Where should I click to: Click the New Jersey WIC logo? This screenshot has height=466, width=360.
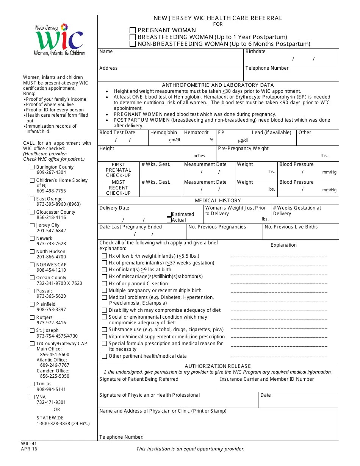pos(59,39)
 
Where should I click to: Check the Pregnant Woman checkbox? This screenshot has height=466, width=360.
pos(133,30)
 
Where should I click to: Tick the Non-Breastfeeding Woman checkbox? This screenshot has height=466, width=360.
pos(133,44)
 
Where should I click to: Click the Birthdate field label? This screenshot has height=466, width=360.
pos(255,52)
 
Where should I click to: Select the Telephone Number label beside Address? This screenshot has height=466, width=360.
pos(267,68)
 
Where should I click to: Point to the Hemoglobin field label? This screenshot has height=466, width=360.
pos(163,133)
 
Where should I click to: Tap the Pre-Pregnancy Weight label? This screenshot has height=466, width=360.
pos(243,149)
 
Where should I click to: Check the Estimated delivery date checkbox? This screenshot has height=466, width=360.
pos(169,214)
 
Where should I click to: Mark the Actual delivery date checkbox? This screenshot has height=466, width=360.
pos(169,220)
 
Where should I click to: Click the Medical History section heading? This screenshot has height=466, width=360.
pos(218,200)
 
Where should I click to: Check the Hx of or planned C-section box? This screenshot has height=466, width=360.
pos(104,283)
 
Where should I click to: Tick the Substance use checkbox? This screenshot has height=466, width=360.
pos(104,330)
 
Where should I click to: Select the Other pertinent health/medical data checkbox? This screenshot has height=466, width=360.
pos(104,356)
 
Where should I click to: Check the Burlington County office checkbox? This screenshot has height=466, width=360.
pos(32,167)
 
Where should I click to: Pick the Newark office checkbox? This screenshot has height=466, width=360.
pos(32,238)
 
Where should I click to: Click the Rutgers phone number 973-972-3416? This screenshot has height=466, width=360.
pos(51,323)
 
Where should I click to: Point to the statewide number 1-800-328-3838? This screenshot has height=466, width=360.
pos(63,424)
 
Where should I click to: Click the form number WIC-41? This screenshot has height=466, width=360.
pos(29,443)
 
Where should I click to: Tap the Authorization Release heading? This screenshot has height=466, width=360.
pos(218,366)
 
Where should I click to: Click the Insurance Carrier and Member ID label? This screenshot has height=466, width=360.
pos(267,379)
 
